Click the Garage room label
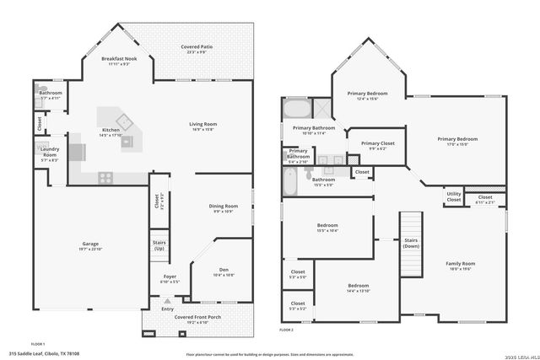[90, 244]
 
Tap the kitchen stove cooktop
[106, 176]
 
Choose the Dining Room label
[223, 207]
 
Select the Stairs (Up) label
[159, 245]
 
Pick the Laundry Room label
[50, 152]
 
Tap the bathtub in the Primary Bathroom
[296, 110]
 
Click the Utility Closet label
[453, 197]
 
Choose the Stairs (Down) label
[411, 243]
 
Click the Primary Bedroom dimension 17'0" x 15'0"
[457, 144]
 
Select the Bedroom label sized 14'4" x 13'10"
[357, 287]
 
